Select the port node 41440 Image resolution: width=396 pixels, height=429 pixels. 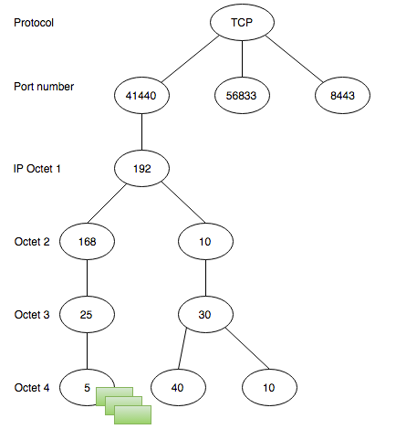[143, 95]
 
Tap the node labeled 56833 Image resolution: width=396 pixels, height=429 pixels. [242, 95]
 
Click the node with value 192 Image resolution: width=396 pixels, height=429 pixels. [143, 168]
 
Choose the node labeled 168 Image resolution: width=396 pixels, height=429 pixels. [87, 242]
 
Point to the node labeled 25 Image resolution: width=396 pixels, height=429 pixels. [87, 314]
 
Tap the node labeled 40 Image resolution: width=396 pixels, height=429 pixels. [178, 387]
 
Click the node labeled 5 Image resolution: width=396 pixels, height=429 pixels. [85, 386]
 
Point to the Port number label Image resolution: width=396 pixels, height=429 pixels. [44, 87]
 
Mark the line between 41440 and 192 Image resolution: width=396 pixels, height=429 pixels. [143, 131]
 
